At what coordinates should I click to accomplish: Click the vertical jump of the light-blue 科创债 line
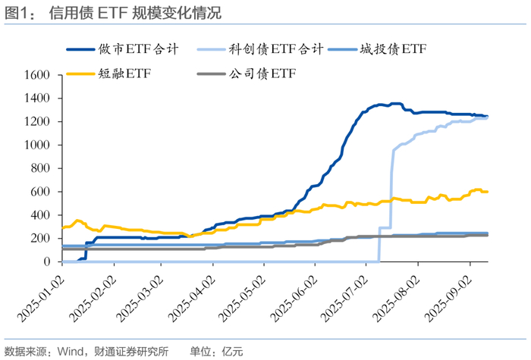click(391, 189)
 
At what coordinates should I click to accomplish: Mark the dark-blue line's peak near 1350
click(395, 104)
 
